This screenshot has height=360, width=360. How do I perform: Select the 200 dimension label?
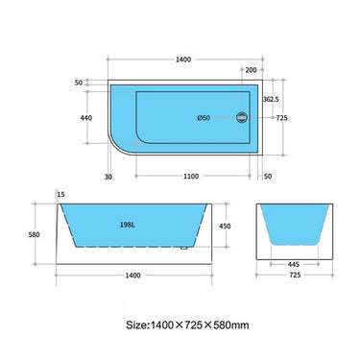coord(251,70)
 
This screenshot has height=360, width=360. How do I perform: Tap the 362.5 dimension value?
coord(271,99)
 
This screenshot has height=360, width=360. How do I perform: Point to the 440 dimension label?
coord(86,117)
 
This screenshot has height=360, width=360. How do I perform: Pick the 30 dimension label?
coord(109,177)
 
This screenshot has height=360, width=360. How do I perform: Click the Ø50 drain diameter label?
coord(204,117)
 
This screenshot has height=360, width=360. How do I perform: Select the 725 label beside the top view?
coord(282,117)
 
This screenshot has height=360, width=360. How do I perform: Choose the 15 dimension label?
coord(61,196)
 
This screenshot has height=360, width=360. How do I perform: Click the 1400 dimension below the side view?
coord(132,275)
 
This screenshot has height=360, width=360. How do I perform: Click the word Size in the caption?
coord(138,324)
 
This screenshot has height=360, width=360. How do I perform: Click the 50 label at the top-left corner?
coord(77,84)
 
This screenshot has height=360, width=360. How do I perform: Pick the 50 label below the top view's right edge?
coord(267,177)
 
